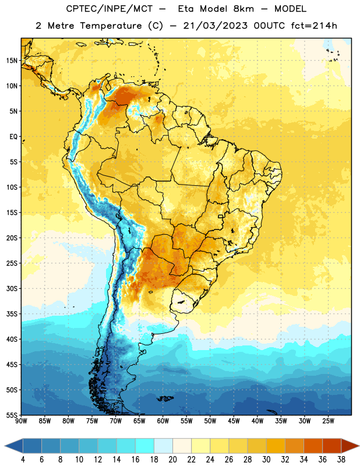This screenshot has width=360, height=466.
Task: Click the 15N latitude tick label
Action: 12,61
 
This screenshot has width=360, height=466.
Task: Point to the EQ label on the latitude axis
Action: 13,137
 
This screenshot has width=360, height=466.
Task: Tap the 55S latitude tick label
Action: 12,415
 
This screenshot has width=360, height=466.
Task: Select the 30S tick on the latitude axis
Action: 12,288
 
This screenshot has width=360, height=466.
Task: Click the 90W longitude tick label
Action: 21,421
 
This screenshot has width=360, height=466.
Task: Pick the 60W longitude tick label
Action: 163,421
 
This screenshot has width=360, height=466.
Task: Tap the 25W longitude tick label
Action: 328,421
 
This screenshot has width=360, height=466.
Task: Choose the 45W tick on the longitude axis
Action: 234,421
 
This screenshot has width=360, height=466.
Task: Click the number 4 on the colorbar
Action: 23,460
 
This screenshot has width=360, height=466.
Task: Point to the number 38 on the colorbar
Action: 341,460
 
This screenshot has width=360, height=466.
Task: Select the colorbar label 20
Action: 172,460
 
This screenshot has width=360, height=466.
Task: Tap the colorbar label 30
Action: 266,460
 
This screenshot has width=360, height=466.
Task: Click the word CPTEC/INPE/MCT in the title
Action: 110,9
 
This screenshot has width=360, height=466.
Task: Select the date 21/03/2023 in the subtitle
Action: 215,26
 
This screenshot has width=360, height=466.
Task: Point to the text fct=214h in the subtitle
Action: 314,26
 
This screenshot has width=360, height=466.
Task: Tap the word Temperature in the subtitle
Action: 111,26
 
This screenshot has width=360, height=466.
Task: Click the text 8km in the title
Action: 243,9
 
